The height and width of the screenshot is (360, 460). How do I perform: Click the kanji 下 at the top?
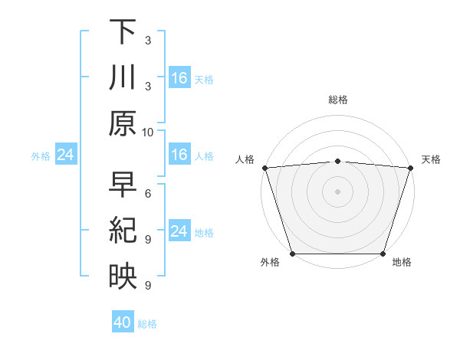click(123, 32)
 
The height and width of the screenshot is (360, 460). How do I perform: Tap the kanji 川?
click(123, 77)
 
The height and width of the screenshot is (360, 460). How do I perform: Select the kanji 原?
click(123, 123)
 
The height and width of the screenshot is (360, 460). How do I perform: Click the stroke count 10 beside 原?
click(148, 132)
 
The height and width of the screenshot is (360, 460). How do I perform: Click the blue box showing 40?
click(123, 323)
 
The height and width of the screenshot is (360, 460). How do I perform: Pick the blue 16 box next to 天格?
click(179, 77)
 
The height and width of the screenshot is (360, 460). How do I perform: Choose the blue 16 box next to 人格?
click(179, 155)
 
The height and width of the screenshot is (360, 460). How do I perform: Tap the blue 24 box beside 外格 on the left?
click(65, 155)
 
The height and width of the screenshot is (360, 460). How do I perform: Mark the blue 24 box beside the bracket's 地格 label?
click(179, 232)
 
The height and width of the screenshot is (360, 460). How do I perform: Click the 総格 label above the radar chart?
click(338, 100)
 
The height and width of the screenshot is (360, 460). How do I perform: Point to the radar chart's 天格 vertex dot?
click(411, 168)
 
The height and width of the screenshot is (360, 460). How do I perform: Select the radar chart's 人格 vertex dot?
click(264, 168)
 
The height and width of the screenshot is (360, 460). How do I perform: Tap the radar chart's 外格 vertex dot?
click(292, 254)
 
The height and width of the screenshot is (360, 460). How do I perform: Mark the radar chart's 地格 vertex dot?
click(383, 254)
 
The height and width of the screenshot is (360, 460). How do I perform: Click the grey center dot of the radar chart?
click(338, 191)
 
